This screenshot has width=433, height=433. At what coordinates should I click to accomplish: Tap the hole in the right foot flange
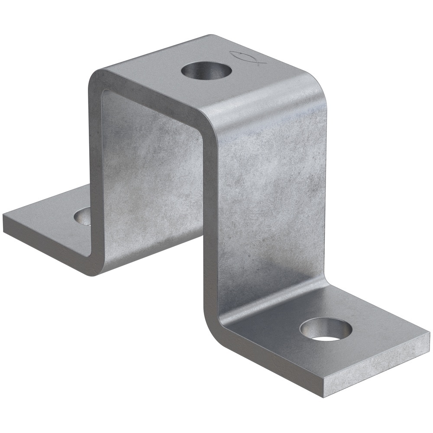click(326, 329)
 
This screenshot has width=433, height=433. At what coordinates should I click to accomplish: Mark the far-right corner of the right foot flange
click(429, 334)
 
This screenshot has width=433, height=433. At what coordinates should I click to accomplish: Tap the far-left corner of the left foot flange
click(4, 216)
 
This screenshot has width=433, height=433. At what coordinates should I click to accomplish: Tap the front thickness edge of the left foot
click(43, 242)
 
